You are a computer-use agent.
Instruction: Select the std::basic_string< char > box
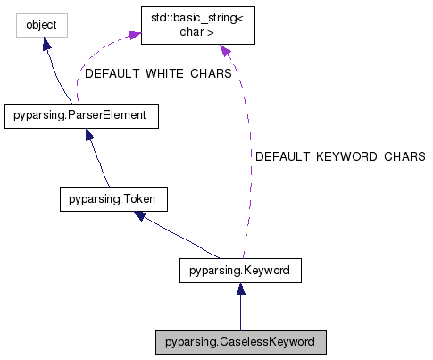click(199, 26)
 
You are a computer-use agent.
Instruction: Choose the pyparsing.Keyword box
click(239, 268)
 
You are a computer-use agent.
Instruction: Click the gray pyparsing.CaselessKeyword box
click(239, 341)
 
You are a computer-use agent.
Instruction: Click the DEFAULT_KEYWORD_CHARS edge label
click(339, 156)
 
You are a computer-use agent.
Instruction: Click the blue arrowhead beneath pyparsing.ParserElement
click(90, 135)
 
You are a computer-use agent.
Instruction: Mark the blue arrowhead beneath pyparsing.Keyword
click(239, 288)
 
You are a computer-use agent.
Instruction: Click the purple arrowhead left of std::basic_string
click(135, 36)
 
